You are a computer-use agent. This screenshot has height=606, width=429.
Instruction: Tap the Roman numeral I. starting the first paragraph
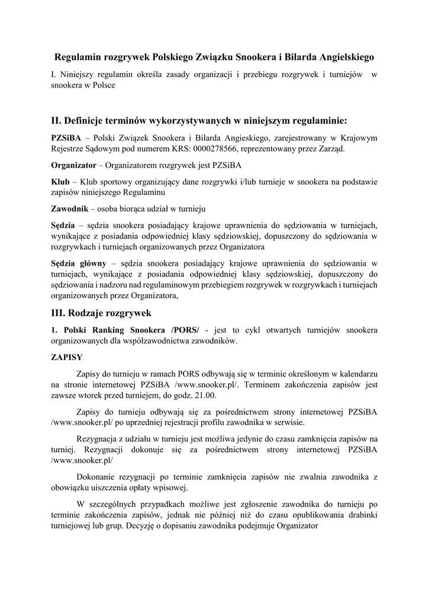point(54,75)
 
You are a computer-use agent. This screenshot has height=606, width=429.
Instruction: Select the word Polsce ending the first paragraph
point(102,85)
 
